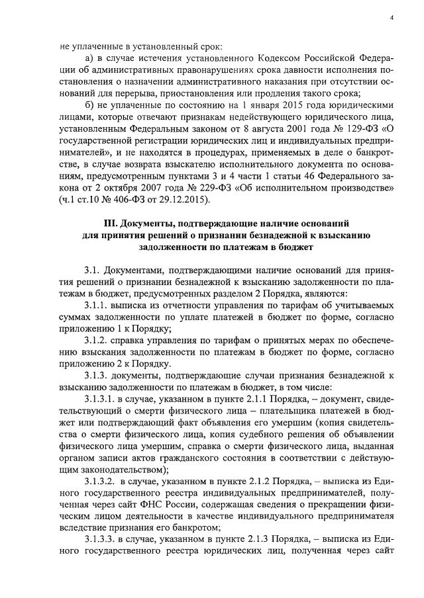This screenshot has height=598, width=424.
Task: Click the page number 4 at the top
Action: (x=391, y=18)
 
